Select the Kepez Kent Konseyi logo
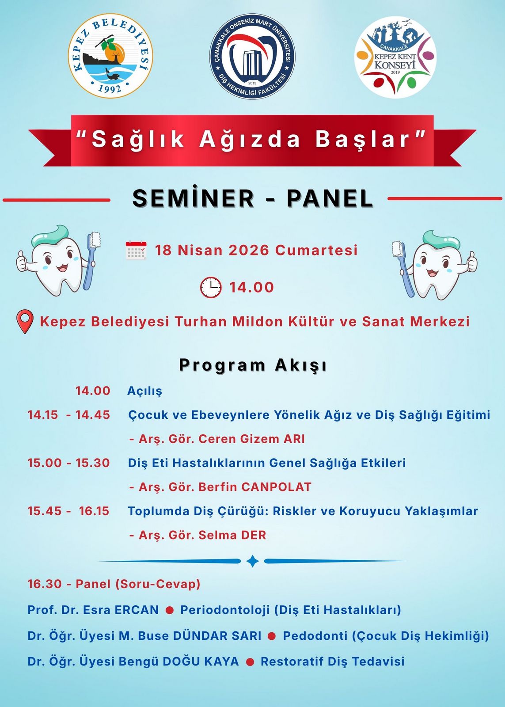tap(395, 57)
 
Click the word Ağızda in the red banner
tap(249, 139)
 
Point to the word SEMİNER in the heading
tap(193, 198)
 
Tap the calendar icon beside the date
tap(136, 250)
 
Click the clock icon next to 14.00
tap(211, 287)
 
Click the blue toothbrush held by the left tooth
tap(91, 260)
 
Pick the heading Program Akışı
tap(253, 365)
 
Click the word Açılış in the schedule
tap(144, 391)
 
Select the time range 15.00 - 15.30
tap(68, 463)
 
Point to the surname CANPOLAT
tap(277, 487)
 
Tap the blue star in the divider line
tap(253, 561)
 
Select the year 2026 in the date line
tap(249, 250)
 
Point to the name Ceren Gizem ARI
tap(252, 439)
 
